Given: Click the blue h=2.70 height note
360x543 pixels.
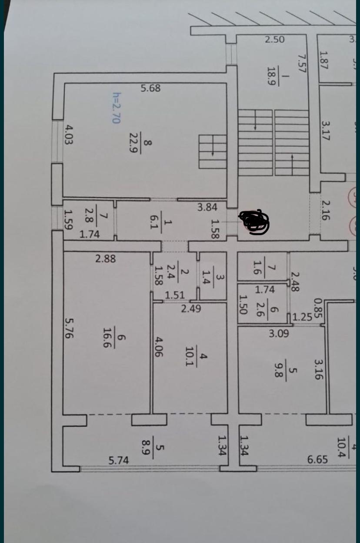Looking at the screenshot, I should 116,107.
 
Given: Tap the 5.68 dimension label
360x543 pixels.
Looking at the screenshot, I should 150,88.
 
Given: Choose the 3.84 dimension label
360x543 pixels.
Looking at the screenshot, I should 207,207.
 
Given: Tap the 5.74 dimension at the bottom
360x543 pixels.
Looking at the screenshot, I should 118,460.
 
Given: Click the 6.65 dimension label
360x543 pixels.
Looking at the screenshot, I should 317,459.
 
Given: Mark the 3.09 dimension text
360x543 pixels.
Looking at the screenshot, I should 278,334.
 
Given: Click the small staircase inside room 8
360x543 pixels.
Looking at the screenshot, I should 213,151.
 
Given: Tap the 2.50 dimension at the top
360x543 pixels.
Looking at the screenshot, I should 275,39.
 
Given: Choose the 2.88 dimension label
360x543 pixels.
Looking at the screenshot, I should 106,258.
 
